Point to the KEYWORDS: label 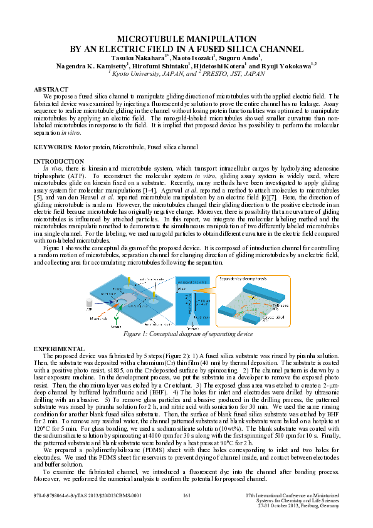(x=55, y=147)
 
